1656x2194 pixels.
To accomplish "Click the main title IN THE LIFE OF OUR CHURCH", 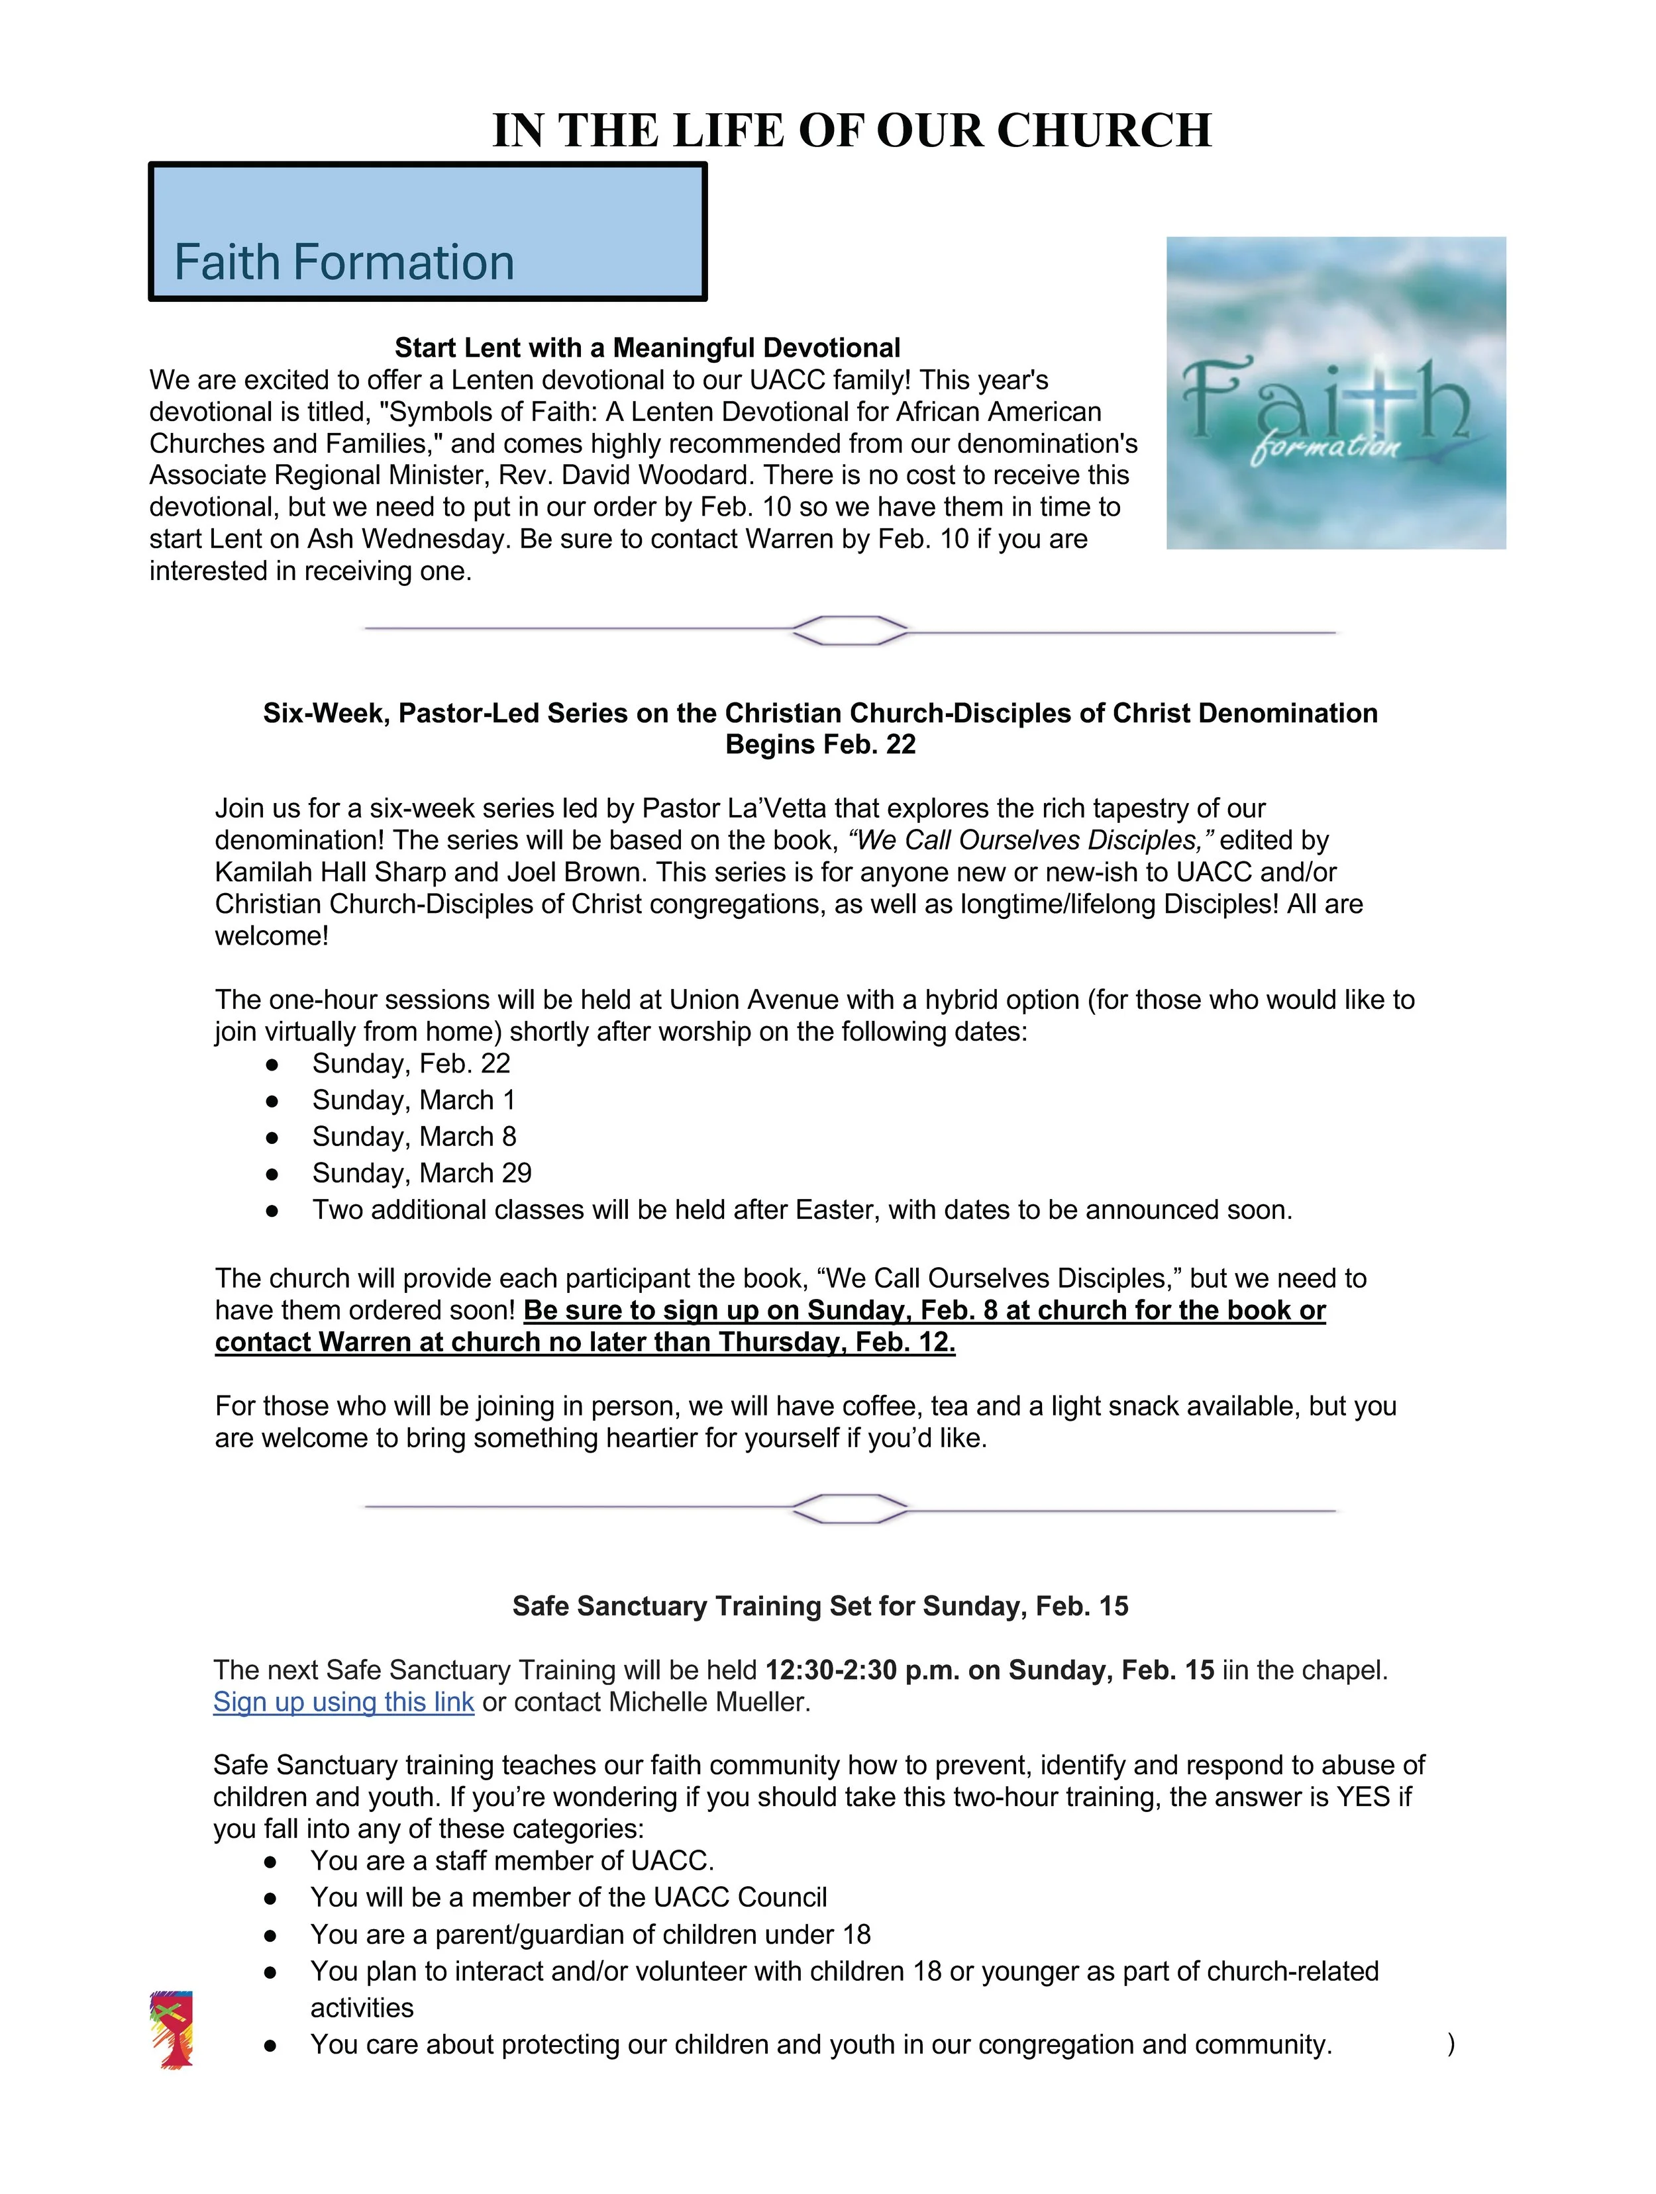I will pyautogui.click(x=851, y=131).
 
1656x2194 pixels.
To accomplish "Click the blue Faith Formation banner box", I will pyautogui.click(x=428, y=231).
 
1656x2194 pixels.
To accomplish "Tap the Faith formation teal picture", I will pyautogui.click(x=1335, y=393).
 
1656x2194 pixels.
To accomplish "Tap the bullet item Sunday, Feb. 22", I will pyautogui.click(x=411, y=1063).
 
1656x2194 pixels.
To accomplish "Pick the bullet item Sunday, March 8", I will pyautogui.click(x=414, y=1137).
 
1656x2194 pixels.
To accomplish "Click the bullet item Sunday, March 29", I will pyautogui.click(x=422, y=1173).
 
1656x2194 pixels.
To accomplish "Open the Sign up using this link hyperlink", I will pyautogui.click(x=343, y=1702).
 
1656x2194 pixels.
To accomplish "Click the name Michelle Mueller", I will pyautogui.click(x=709, y=1702).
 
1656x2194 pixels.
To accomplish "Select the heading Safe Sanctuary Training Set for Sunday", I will pyautogui.click(x=819, y=1606).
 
